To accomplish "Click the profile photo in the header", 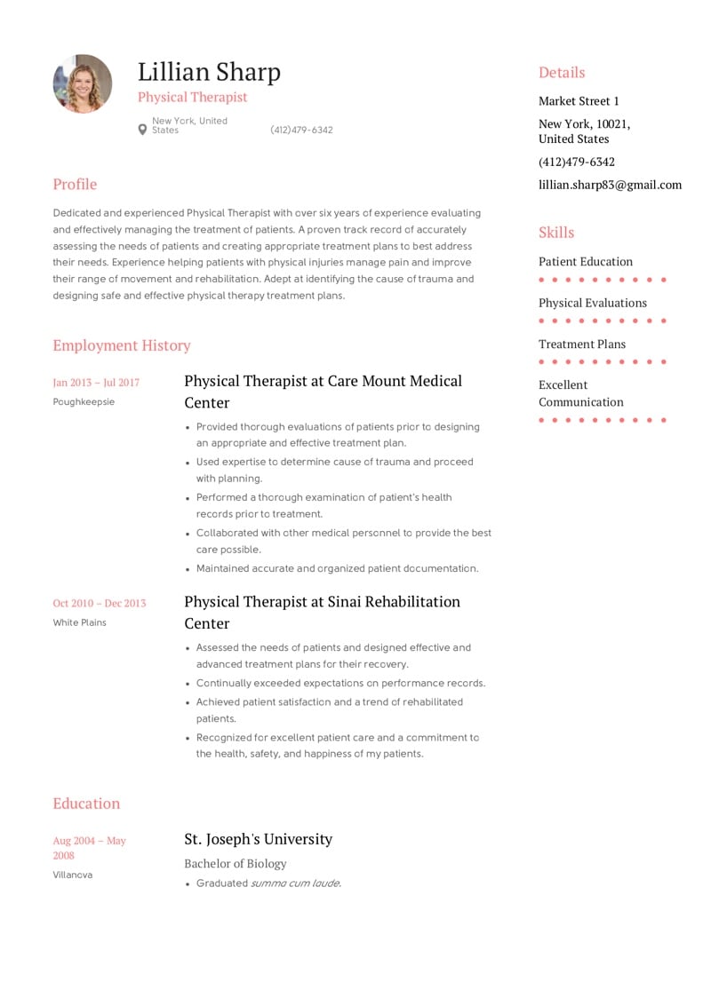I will coord(83,83).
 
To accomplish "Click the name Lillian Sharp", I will coord(209,72).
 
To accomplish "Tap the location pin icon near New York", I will coord(142,130).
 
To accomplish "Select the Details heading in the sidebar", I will coord(562,73).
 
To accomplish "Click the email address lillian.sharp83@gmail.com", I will coord(610,185).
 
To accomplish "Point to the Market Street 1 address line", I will coord(579,101).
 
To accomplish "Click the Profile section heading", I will coord(75,184).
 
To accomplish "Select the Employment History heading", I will coord(122,345).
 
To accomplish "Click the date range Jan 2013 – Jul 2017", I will coord(96,383).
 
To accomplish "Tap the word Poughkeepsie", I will coord(84,402).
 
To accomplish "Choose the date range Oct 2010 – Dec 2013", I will coord(99,604).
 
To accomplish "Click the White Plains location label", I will coord(79,622).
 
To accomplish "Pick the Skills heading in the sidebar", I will coord(556,233).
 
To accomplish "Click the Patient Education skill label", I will coord(586,262).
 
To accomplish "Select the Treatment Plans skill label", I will coord(582,345).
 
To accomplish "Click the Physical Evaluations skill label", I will coord(593,303).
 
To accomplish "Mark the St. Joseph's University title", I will coord(258,839).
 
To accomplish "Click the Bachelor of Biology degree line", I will coord(236,863).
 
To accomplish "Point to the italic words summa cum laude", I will coord(295,883).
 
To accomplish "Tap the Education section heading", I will coord(86,804).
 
